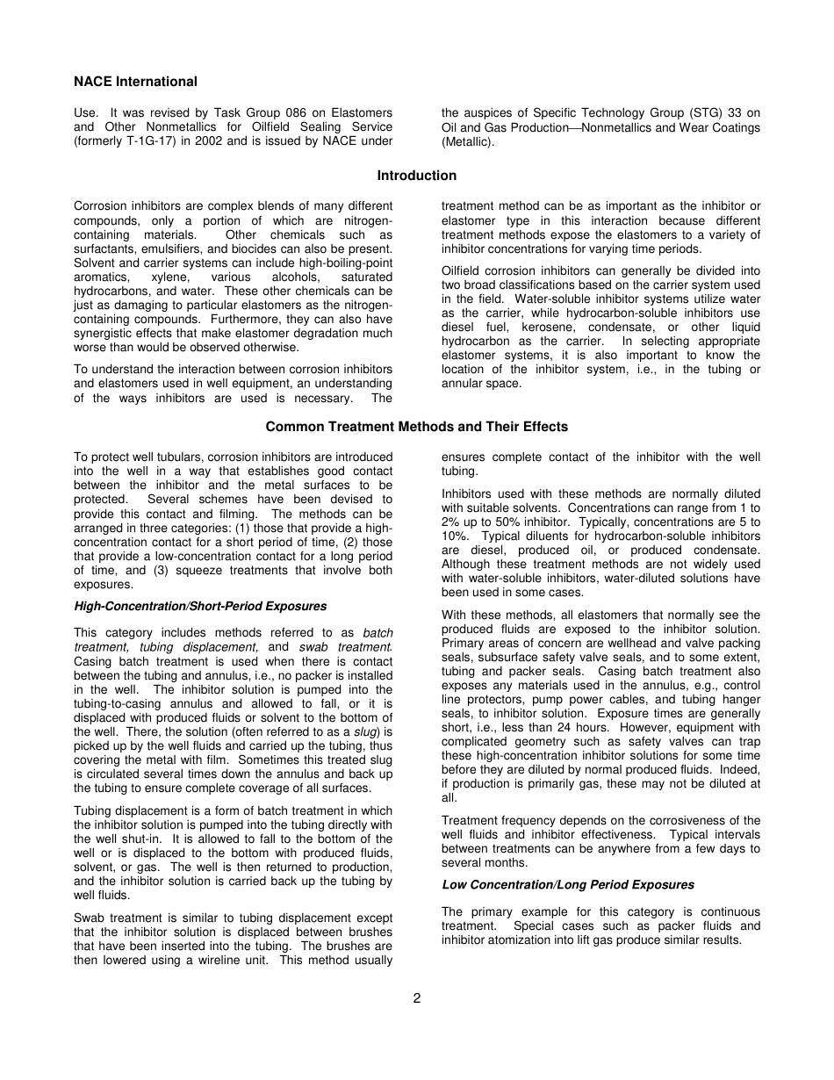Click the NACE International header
point(135,82)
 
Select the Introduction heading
point(416,176)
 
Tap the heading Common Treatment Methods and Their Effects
point(416,427)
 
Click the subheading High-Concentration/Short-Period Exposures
point(200,607)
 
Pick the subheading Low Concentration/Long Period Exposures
point(567,885)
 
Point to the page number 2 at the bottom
point(417,998)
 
